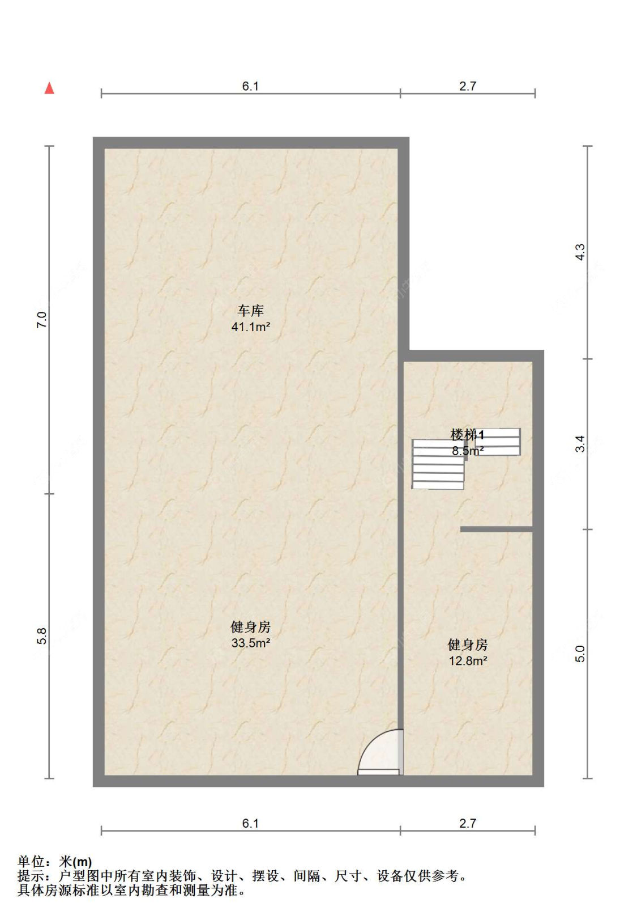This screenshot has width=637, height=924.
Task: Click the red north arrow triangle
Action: tap(49, 88)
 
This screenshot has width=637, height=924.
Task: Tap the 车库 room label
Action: tap(250, 311)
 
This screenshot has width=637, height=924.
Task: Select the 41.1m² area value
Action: tap(250, 327)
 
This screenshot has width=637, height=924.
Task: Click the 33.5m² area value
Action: tap(250, 643)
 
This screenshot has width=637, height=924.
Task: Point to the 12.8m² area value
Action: tap(468, 660)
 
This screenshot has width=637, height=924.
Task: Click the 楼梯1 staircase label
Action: tap(467, 435)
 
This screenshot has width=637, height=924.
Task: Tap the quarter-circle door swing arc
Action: tap(379, 749)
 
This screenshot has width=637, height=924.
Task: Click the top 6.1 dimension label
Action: tap(250, 86)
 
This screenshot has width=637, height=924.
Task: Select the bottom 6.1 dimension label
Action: tap(250, 823)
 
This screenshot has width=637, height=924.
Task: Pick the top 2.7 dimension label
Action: tap(468, 86)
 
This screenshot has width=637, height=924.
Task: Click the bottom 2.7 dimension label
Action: tap(468, 823)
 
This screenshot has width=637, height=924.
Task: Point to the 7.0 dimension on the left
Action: tap(42, 320)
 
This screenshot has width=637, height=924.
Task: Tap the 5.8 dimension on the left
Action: tap(42, 636)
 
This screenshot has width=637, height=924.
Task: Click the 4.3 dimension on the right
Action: tap(580, 252)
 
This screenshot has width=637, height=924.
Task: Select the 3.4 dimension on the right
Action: tap(580, 444)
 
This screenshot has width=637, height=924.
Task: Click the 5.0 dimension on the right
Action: tap(580, 654)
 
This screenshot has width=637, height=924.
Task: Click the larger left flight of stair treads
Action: tap(438, 465)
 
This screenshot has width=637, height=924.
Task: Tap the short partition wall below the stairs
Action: tap(496, 529)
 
